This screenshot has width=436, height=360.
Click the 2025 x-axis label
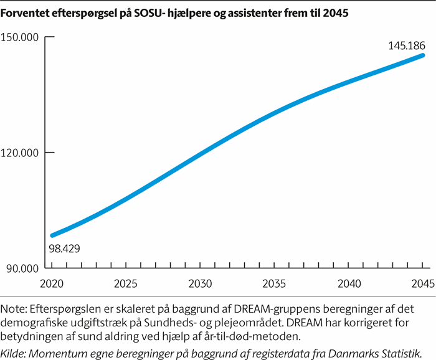click(x=126, y=284)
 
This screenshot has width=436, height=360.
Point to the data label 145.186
click(x=405, y=45)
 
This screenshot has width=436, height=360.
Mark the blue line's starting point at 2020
click(x=52, y=235)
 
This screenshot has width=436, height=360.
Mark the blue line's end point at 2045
click(x=423, y=55)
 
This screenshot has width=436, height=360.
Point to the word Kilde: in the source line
click(x=17, y=353)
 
